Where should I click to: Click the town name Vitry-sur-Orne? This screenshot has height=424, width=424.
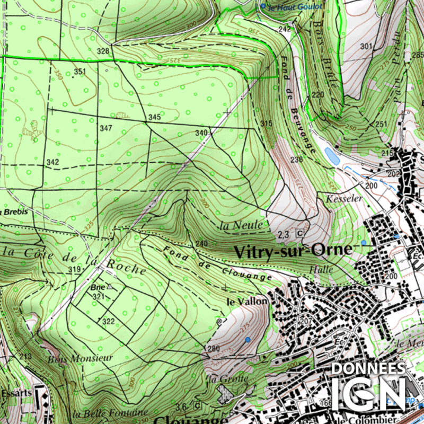click(x=290, y=250)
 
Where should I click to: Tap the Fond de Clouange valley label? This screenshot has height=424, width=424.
click(x=217, y=263)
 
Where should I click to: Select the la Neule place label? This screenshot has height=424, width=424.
click(x=241, y=225)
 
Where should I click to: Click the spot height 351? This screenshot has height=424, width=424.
click(x=80, y=72)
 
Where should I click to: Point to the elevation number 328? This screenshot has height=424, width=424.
click(x=103, y=51)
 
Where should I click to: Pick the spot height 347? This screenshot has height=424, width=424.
click(x=105, y=128)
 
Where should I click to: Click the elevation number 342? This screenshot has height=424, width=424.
click(x=52, y=162)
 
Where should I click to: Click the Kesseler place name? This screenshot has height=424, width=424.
click(x=344, y=199)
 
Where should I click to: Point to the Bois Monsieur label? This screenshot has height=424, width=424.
click(x=80, y=358)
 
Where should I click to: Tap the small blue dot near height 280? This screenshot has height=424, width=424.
click(x=248, y=339)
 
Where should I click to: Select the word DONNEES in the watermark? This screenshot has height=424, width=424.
click(x=368, y=368)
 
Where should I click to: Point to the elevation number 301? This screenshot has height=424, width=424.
click(x=366, y=47)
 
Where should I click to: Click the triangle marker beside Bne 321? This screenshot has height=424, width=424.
click(x=110, y=286)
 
